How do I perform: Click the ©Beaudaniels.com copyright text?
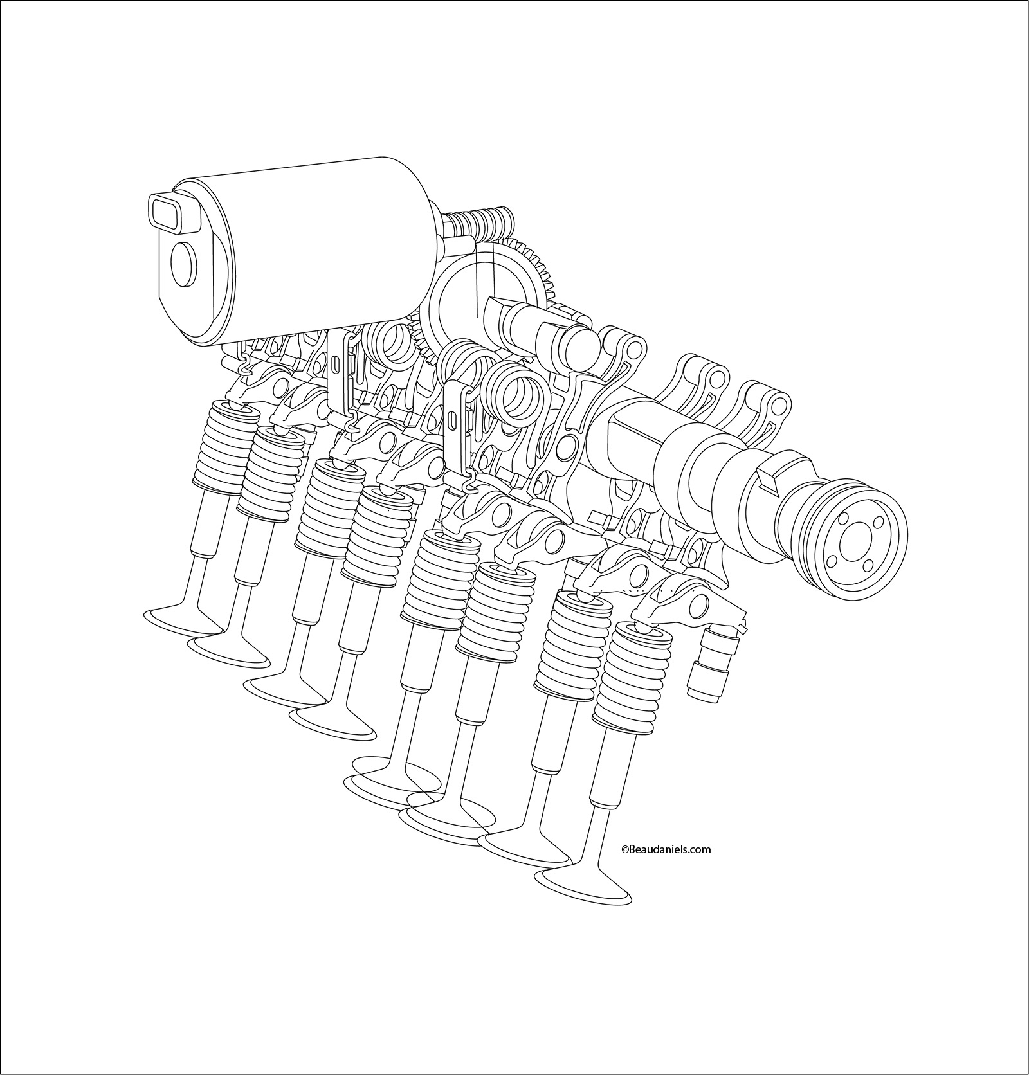click(x=666, y=849)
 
